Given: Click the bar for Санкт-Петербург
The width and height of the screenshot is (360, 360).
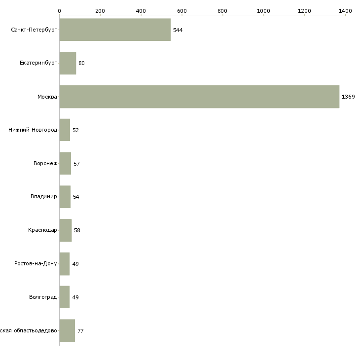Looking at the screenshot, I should [115, 30].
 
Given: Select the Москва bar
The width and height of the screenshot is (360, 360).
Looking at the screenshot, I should [199, 97].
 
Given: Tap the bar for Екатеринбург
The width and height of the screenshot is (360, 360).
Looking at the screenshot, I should [68, 63].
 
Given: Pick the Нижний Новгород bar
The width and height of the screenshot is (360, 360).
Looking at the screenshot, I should [65, 130].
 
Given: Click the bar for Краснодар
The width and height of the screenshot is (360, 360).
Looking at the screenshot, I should [65, 230].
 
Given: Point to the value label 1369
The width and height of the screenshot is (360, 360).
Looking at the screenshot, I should [348, 97].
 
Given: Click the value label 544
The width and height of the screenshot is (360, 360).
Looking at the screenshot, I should [178, 30].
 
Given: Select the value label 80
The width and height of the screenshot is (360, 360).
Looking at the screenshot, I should [81, 63].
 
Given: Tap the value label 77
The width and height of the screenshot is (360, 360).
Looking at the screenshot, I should [80, 331].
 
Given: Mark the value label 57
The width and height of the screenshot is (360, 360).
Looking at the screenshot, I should [76, 164].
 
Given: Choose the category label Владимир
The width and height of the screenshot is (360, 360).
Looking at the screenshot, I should [43, 197].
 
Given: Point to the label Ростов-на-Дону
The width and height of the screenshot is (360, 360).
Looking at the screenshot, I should [36, 264].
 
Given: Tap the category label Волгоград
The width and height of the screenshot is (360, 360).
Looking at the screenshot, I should [43, 297].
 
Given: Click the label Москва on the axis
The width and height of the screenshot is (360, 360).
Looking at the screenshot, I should [47, 97].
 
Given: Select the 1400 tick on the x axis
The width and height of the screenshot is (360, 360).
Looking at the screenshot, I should [345, 10].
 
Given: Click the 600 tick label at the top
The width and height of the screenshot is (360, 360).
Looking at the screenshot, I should [182, 10].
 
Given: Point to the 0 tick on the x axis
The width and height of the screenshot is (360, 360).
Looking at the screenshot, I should [60, 10].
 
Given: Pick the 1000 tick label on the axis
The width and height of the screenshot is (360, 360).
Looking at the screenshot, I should [263, 10].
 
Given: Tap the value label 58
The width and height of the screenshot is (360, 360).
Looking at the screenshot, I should [77, 230].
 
